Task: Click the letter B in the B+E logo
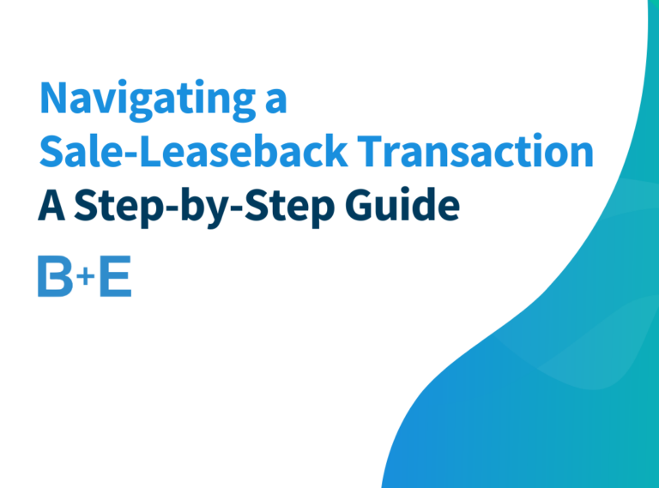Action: pos(54,276)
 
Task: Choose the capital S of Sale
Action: pos(51,152)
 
